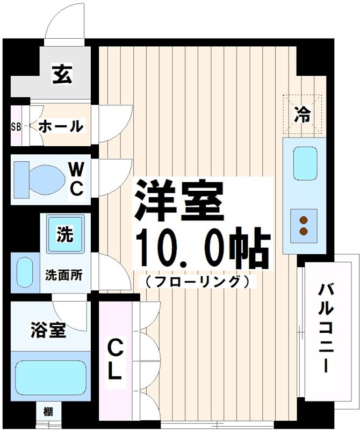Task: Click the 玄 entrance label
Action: click(62, 74)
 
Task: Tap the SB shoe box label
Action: click(16, 127)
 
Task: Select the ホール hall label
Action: click(61, 127)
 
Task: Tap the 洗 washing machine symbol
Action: click(65, 234)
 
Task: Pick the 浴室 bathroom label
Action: click(48, 331)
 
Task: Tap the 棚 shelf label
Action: click(48, 413)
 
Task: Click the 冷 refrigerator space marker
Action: click(303, 114)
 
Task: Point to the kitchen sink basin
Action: click(305, 163)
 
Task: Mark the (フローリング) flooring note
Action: click(197, 281)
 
